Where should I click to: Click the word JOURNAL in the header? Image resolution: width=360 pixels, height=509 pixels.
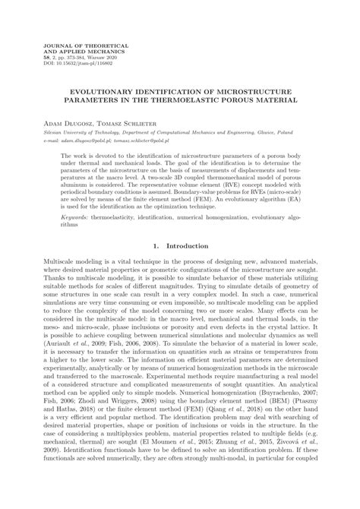click(59, 46)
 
